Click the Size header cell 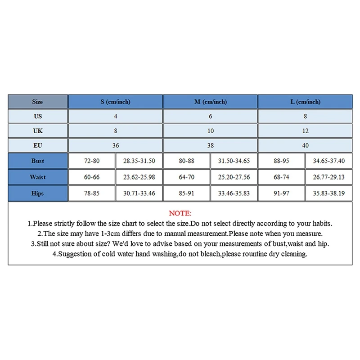point(38,102)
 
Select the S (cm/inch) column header point(115,102)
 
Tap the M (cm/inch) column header point(210,102)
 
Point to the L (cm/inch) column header point(305,102)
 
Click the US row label point(38,116)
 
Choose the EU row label point(38,145)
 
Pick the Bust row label point(38,161)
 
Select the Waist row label point(38,177)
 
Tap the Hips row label point(38,193)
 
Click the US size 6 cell point(210,116)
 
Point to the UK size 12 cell point(305,131)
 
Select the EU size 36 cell point(115,145)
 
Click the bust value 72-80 point(92,161)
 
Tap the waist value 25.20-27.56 point(234,177)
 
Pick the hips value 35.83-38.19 point(329,193)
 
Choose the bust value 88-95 point(281,161)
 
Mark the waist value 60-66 point(92,177)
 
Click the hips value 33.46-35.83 point(234,193)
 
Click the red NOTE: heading point(180,213)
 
